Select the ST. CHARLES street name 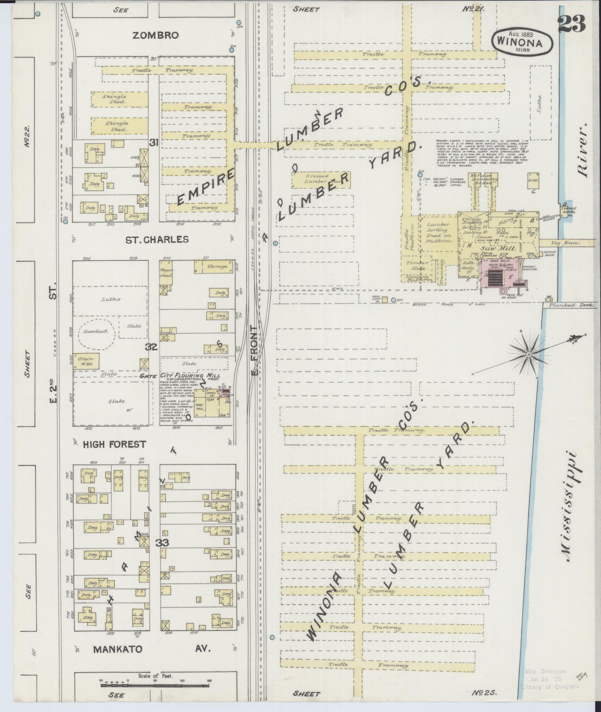click(x=157, y=239)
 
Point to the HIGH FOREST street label click(x=114, y=444)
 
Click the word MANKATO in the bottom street click(x=118, y=649)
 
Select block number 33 click(x=162, y=543)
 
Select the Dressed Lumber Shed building click(x=317, y=179)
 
